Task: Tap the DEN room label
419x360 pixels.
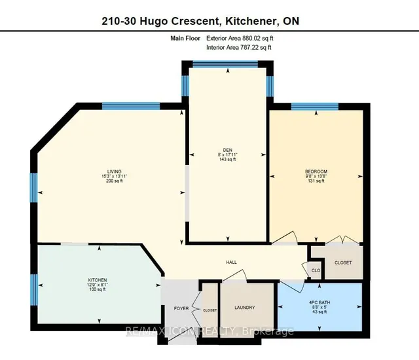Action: point(227,148)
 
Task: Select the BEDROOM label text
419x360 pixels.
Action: point(316,171)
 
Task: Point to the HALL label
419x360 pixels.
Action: point(231,262)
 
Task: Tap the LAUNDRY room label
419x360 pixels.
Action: point(246,308)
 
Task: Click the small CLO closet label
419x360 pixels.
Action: point(316,269)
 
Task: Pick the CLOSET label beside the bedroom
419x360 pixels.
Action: point(342,262)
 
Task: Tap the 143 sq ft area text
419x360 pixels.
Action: point(227,159)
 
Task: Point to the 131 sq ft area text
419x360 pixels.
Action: point(316,181)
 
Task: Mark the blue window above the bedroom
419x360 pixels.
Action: point(316,105)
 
